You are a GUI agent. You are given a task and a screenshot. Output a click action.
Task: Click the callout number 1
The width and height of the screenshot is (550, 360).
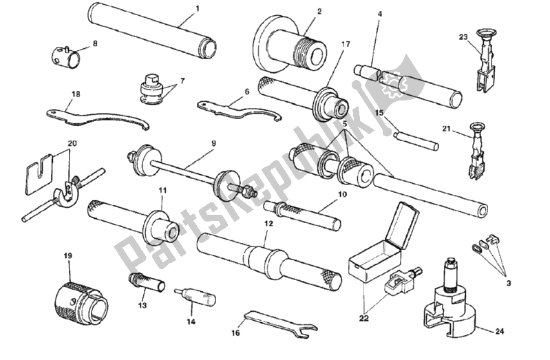198,8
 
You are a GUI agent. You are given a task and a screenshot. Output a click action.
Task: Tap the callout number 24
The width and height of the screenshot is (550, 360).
500,330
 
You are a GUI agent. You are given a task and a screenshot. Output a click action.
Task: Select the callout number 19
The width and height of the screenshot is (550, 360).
67,256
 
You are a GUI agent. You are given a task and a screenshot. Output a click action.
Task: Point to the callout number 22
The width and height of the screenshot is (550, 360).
363,319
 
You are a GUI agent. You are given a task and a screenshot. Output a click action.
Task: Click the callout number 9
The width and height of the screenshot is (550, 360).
213,143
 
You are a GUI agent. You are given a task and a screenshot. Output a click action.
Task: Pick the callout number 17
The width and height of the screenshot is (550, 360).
346,44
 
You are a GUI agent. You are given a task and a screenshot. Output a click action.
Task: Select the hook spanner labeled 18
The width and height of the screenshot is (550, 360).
98,119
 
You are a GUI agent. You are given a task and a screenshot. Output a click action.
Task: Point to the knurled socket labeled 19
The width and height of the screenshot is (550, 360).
81,302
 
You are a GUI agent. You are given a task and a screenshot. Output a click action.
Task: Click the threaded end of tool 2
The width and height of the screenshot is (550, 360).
309,52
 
